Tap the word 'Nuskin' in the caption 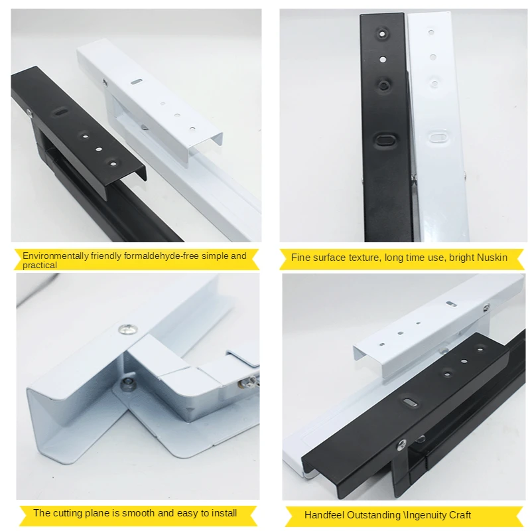pos(492,258)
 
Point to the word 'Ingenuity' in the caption pos(424,516)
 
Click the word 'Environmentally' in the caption pos(55,256)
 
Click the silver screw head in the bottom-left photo pos(128,329)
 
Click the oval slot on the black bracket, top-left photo pos(60,112)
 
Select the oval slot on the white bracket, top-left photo pos(137,81)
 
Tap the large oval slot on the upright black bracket pos(384,139)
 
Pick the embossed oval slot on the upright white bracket pos(438,137)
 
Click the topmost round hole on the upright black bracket pos(382,34)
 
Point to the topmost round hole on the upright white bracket pos(431,33)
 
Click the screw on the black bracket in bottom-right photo pos(402,444)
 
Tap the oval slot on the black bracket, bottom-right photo pos(409,402)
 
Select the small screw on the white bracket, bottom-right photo pos(486,307)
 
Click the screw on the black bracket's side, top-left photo pos(30,113)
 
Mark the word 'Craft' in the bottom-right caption pos(458,516)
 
